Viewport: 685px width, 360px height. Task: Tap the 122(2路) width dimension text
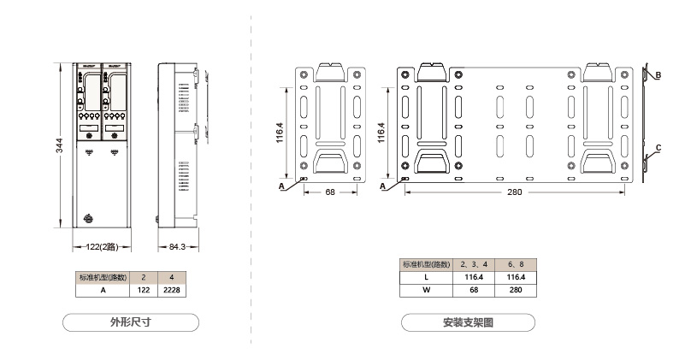[103, 247]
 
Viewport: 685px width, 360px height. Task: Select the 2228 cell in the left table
[172, 290]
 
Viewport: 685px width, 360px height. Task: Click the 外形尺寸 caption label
[131, 322]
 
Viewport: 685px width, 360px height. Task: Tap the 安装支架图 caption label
[468, 322]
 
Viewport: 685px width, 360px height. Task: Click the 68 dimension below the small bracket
[330, 192]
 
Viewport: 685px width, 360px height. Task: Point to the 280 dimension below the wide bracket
[514, 192]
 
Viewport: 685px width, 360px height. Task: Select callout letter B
[658, 75]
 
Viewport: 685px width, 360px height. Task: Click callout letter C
[658, 148]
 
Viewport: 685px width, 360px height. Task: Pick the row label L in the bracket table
[426, 277]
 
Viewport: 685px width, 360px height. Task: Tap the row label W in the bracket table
[426, 290]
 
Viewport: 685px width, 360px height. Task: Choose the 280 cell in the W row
[517, 290]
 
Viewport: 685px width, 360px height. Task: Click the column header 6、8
[517, 264]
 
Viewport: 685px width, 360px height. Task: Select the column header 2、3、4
[474, 264]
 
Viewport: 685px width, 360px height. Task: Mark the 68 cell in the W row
[474, 290]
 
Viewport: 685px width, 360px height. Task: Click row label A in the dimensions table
[103, 290]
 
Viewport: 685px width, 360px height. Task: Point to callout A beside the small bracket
[281, 184]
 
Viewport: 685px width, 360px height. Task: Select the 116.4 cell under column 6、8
[517, 277]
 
